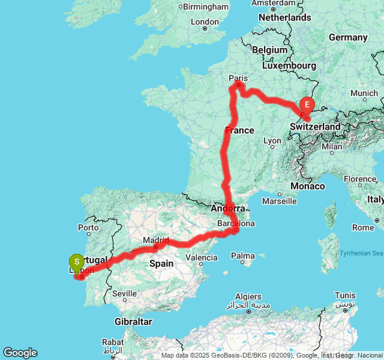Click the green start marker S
76,262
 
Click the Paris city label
238,77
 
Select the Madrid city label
155,240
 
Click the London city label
204,22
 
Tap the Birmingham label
205,7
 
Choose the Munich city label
365,93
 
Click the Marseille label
279,201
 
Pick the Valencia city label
202,257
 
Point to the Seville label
124,294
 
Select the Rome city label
363,227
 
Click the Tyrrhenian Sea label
361,253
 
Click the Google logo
20,353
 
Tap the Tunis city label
344,295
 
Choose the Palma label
243,256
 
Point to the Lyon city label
272,141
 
